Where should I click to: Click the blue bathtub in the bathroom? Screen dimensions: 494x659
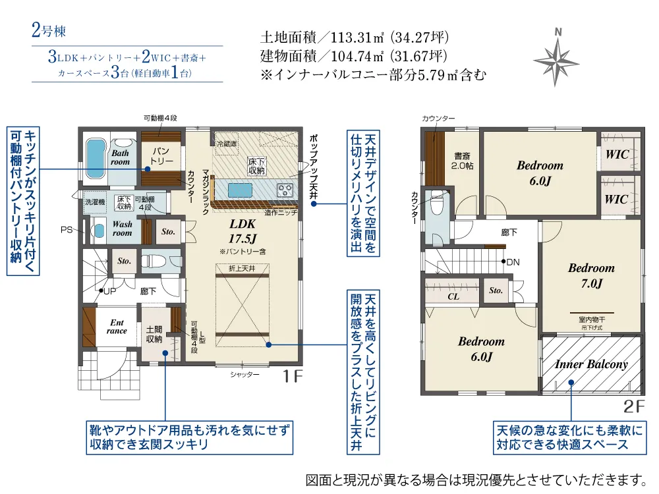click(96, 155)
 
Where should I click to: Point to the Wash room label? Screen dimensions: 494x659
click(122, 229)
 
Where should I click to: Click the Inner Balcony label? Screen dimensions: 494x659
click(591, 364)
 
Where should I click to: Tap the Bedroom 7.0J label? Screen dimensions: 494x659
click(591, 275)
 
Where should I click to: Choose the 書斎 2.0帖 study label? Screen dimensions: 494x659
click(461, 161)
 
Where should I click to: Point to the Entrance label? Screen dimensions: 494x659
click(117, 326)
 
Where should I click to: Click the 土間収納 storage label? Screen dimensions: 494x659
click(154, 334)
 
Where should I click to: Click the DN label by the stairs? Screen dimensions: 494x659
click(513, 261)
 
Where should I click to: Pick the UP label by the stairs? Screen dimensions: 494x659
click(108, 290)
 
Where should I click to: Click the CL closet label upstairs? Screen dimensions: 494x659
click(453, 296)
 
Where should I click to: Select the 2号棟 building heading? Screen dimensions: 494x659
click(48, 30)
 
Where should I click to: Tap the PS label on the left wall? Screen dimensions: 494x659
click(67, 229)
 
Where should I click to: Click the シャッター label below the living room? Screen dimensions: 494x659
click(244, 374)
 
